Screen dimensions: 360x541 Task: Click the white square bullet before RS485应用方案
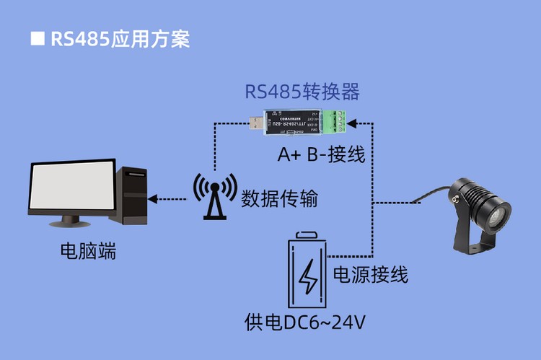[37, 38]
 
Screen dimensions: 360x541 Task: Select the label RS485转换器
[302, 93]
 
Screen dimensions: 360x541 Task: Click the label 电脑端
[88, 253]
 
